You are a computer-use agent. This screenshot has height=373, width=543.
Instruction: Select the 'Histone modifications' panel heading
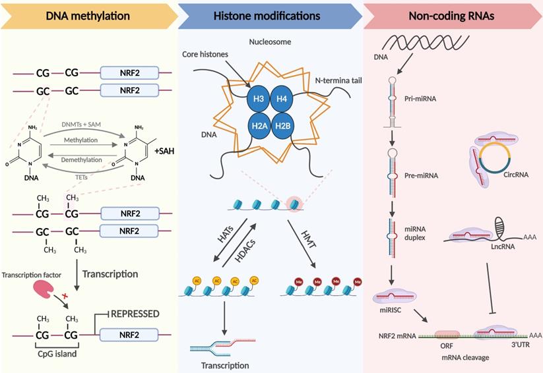click(267, 15)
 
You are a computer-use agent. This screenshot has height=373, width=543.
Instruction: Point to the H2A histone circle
click(258, 125)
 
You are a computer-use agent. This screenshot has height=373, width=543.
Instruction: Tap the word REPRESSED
click(135, 314)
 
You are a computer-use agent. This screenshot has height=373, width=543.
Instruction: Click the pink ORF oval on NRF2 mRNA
click(446, 335)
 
